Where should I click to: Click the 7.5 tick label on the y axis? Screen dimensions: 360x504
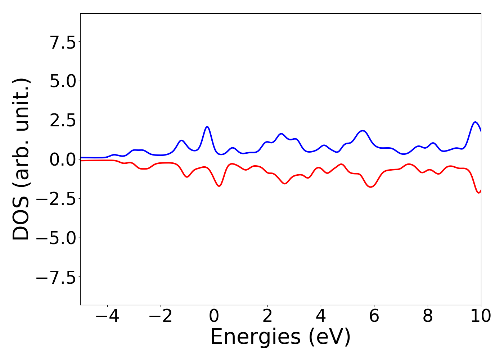click(x=63, y=42)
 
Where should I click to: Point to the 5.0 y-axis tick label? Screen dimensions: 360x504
click(x=63, y=81)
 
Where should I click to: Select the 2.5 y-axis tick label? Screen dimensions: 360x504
click(x=63, y=120)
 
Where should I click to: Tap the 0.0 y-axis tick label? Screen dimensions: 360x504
click(x=63, y=159)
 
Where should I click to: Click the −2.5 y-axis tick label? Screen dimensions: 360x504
click(x=56, y=198)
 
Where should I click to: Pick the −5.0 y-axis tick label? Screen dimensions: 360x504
click(x=56, y=238)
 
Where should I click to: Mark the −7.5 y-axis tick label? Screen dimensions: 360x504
click(x=56, y=277)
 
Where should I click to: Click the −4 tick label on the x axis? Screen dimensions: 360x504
click(x=107, y=316)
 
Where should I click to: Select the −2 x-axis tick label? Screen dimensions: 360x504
click(x=160, y=316)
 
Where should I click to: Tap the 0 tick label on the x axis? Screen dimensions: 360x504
click(x=214, y=316)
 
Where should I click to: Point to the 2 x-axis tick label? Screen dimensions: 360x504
click(x=267, y=316)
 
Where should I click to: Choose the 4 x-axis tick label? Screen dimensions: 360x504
click(x=321, y=316)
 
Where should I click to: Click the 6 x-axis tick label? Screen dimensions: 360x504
click(x=374, y=316)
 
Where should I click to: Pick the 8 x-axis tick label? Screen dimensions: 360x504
click(x=428, y=316)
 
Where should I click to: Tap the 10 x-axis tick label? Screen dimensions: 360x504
click(x=480, y=316)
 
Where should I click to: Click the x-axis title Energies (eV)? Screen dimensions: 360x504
click(x=280, y=337)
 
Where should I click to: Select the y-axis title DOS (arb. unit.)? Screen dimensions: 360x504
click(x=21, y=159)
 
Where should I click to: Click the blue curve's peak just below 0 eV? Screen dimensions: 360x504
click(x=207, y=127)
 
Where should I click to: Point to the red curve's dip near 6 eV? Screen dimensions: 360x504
click(x=371, y=187)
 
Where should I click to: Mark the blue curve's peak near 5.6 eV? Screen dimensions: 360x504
click(x=363, y=131)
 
